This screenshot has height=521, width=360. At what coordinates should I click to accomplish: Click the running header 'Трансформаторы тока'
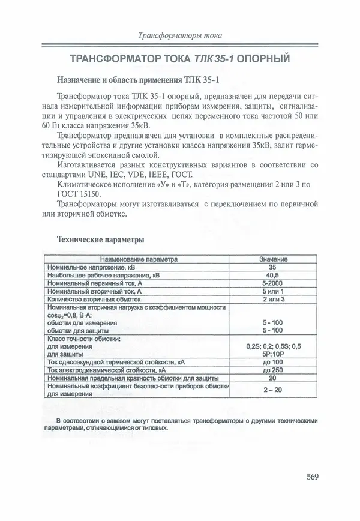coord(180,35)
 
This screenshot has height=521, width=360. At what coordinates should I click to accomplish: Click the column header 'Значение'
coord(273,259)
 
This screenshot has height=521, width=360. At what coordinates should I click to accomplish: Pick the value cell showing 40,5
coord(273,274)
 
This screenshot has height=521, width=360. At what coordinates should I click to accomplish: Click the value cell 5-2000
coord(273,282)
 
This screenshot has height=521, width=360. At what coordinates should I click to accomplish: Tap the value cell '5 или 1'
coord(273,290)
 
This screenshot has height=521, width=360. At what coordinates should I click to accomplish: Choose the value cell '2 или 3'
coord(273,298)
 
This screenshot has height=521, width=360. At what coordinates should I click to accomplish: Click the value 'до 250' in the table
coord(273,370)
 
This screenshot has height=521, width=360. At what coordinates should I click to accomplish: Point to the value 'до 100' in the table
coord(273,363)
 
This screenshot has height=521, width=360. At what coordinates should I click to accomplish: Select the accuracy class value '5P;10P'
coord(273,354)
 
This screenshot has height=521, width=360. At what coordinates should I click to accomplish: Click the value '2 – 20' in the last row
coord(273,390)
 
